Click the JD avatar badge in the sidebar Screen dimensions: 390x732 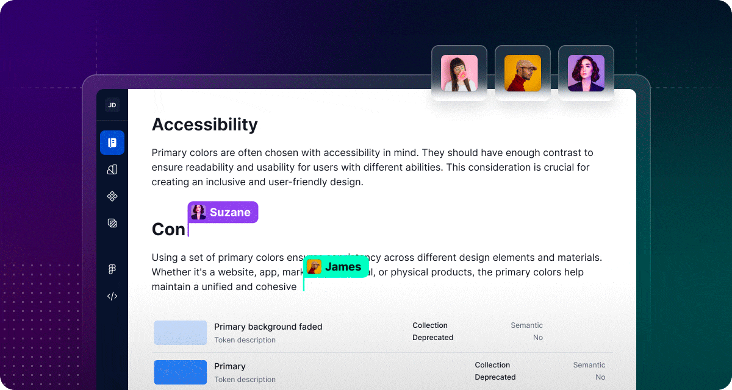(112, 105)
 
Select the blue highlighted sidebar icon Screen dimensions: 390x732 (112, 143)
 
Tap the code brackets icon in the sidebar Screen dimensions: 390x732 (112, 296)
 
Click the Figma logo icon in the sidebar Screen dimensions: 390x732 (112, 269)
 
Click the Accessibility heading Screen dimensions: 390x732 (204, 124)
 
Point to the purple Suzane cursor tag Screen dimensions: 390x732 (223, 212)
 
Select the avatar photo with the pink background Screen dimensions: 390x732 (459, 73)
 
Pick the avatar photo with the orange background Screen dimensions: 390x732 (523, 73)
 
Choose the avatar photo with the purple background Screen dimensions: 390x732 (586, 73)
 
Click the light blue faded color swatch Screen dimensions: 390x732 (181, 333)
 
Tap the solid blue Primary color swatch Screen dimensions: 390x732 (181, 372)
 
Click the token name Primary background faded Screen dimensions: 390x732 (268, 327)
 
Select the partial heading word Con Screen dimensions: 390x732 (168, 229)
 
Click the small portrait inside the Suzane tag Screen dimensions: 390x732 (198, 212)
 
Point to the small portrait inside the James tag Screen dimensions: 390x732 (314, 267)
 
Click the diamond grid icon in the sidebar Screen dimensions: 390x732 (112, 196)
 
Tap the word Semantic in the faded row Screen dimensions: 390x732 (526, 325)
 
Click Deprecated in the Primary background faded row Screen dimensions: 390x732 (432, 338)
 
